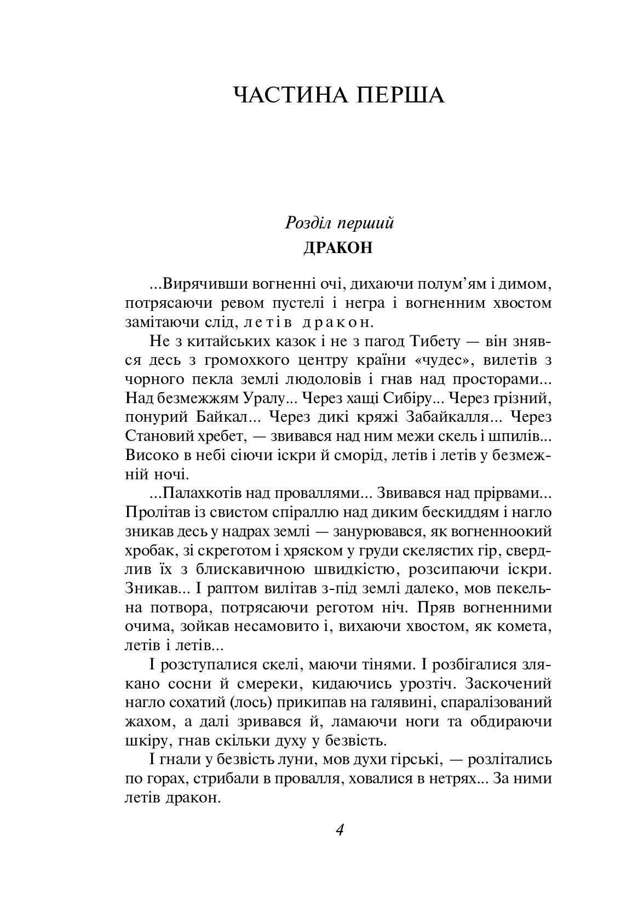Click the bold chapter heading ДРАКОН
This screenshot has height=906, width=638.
338,248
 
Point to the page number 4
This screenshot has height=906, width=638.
339,829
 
